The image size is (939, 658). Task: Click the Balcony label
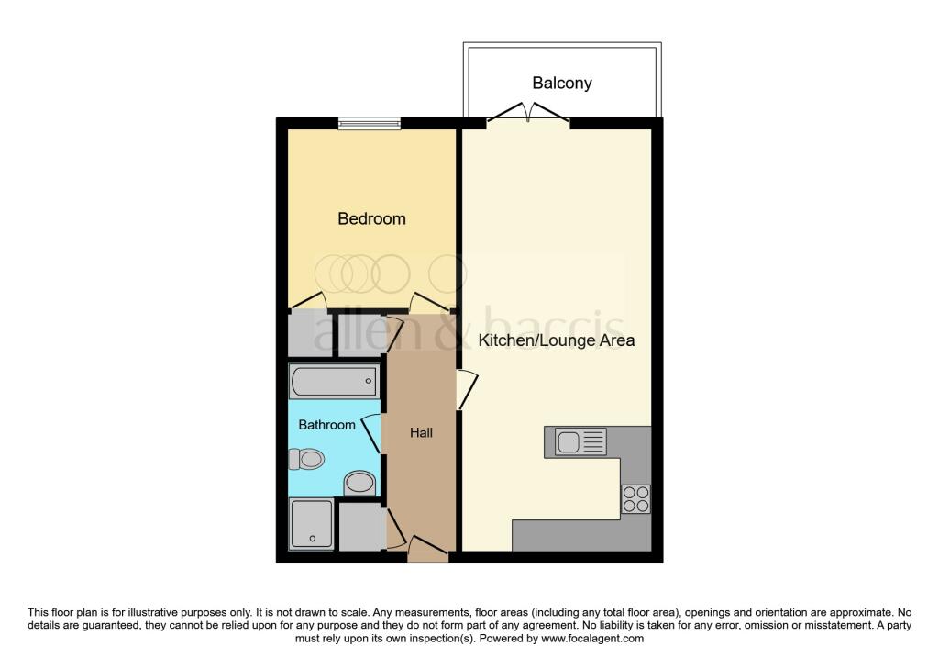pyautogui.click(x=562, y=84)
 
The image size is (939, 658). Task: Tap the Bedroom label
pyautogui.click(x=371, y=219)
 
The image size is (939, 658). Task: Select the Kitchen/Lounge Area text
pyautogui.click(x=557, y=340)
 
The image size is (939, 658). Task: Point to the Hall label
pyautogui.click(x=421, y=432)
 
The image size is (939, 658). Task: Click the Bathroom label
pyautogui.click(x=326, y=425)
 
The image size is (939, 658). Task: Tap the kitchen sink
pyautogui.click(x=576, y=442)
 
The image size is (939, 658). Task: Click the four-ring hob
pyautogui.click(x=635, y=499)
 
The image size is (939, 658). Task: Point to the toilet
pyautogui.click(x=308, y=458)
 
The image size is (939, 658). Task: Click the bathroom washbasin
pyautogui.click(x=359, y=483)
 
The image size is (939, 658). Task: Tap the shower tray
pyautogui.click(x=312, y=524)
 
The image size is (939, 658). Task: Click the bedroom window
pyautogui.click(x=369, y=124)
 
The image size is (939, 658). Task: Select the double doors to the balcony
pyautogui.click(x=527, y=114)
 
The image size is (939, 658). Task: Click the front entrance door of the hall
pyautogui.click(x=427, y=550)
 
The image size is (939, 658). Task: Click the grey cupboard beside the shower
pyautogui.click(x=360, y=528)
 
